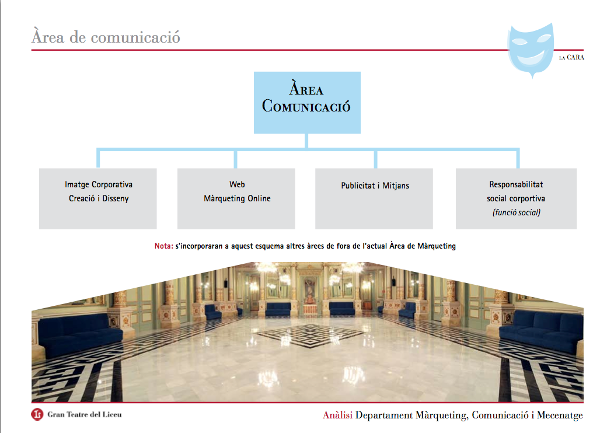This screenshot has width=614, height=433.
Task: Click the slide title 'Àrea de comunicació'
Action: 106,37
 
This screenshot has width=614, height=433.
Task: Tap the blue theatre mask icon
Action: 530,48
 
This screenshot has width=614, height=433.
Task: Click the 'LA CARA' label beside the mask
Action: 571,57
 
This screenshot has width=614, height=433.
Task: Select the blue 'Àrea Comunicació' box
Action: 306,102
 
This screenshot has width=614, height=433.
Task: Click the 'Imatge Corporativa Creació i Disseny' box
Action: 98,198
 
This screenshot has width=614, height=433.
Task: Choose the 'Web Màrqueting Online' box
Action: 236,198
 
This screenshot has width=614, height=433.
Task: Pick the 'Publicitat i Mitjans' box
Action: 374,198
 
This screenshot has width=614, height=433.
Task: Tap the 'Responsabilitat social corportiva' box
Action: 516,198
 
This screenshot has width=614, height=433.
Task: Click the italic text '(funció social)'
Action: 516,212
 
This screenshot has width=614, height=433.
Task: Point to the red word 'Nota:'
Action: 163,246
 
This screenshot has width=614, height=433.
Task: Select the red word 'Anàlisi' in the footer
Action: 337,415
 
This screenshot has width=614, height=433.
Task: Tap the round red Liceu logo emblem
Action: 37,415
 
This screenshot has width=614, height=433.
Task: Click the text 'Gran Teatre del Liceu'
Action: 85,415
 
